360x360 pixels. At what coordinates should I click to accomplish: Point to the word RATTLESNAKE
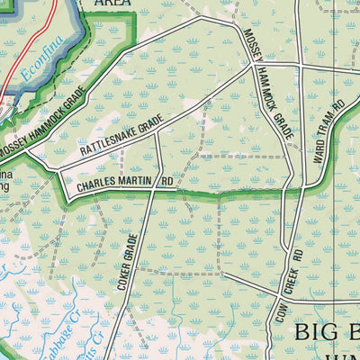click(x=106, y=144)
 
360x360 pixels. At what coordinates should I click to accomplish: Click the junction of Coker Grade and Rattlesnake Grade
click(x=157, y=133)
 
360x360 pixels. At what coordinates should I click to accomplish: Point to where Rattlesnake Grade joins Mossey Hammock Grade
click(x=249, y=66)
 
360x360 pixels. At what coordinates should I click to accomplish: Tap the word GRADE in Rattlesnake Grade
click(x=148, y=122)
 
